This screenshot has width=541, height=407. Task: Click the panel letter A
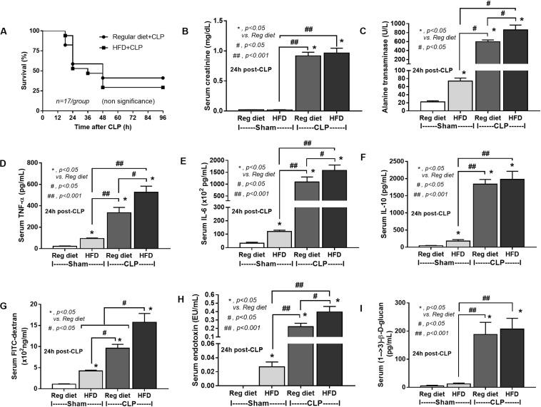6,31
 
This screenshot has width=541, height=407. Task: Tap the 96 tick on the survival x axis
164,108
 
